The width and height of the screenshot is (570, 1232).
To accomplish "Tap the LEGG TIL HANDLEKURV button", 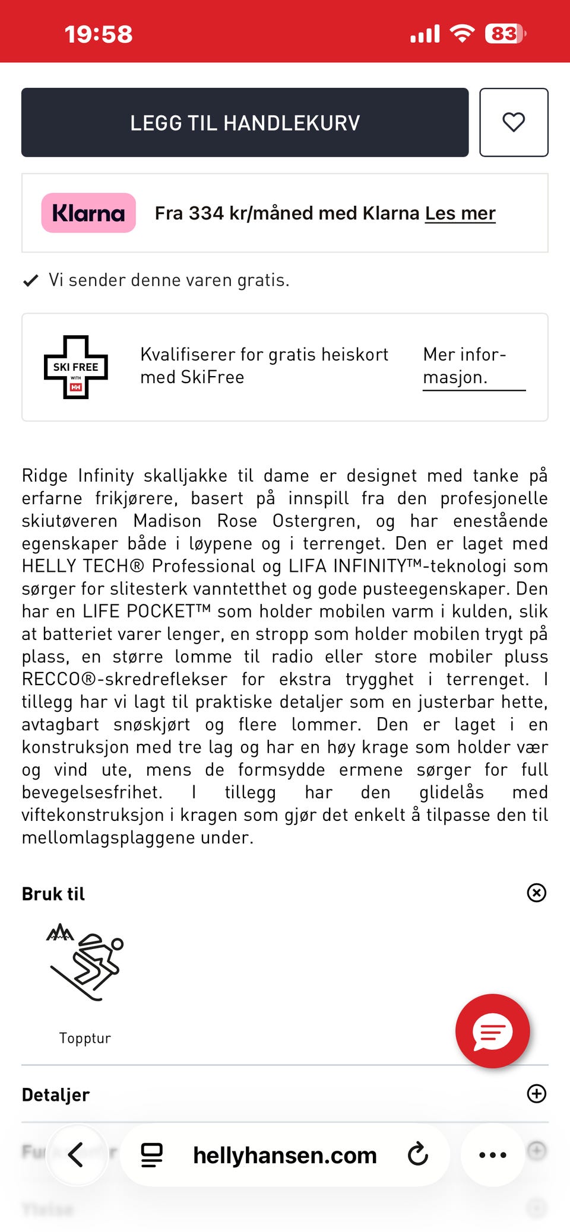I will click(245, 123).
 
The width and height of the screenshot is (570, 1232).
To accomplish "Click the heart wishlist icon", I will click(514, 123).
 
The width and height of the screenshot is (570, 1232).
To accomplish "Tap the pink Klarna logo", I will click(88, 213).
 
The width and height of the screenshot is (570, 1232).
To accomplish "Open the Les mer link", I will click(460, 213).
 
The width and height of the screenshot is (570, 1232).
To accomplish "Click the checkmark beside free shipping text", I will click(30, 281).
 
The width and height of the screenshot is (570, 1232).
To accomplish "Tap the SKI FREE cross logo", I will click(76, 367).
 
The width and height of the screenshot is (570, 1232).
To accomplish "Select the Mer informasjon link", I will click(464, 366).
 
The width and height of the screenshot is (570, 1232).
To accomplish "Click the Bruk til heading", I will click(53, 894).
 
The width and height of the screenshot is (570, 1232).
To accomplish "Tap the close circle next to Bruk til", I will click(537, 893).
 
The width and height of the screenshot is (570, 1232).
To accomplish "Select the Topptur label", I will click(85, 1038).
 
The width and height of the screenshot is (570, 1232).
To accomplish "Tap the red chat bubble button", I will click(492, 1031).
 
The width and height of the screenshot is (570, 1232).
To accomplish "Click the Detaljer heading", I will click(56, 1094).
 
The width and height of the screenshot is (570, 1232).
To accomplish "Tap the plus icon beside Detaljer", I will click(537, 1094).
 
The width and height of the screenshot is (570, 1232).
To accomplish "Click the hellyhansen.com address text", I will click(285, 1155).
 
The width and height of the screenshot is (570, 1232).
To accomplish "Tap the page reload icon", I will click(418, 1154).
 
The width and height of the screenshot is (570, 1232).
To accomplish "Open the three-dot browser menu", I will click(492, 1155).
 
